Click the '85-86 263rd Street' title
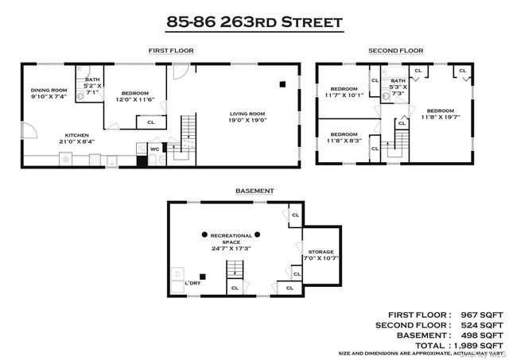254,21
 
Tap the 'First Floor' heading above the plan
170,51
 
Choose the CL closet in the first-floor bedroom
150,122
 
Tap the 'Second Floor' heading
395,51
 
